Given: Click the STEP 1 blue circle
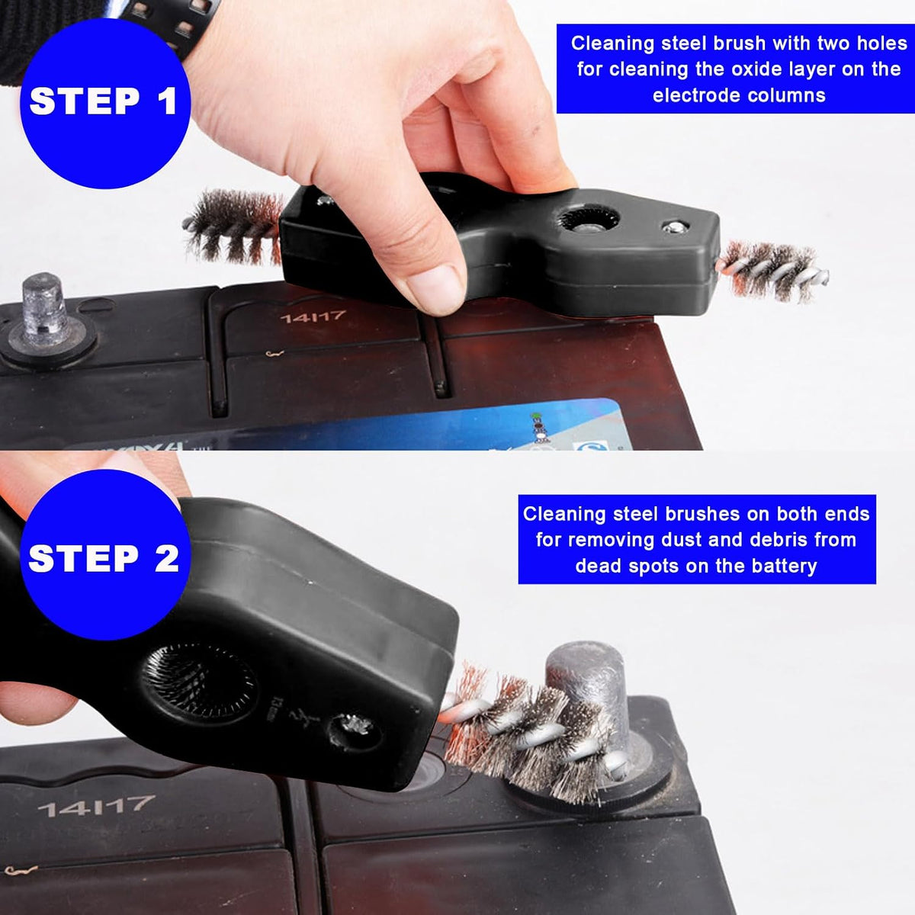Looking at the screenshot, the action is pyautogui.click(x=105, y=103).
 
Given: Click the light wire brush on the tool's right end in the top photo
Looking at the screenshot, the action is pyautogui.click(x=773, y=271).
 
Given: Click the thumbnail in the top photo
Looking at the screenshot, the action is pyautogui.click(x=436, y=289).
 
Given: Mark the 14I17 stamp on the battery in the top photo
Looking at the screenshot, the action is pyautogui.click(x=313, y=316).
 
